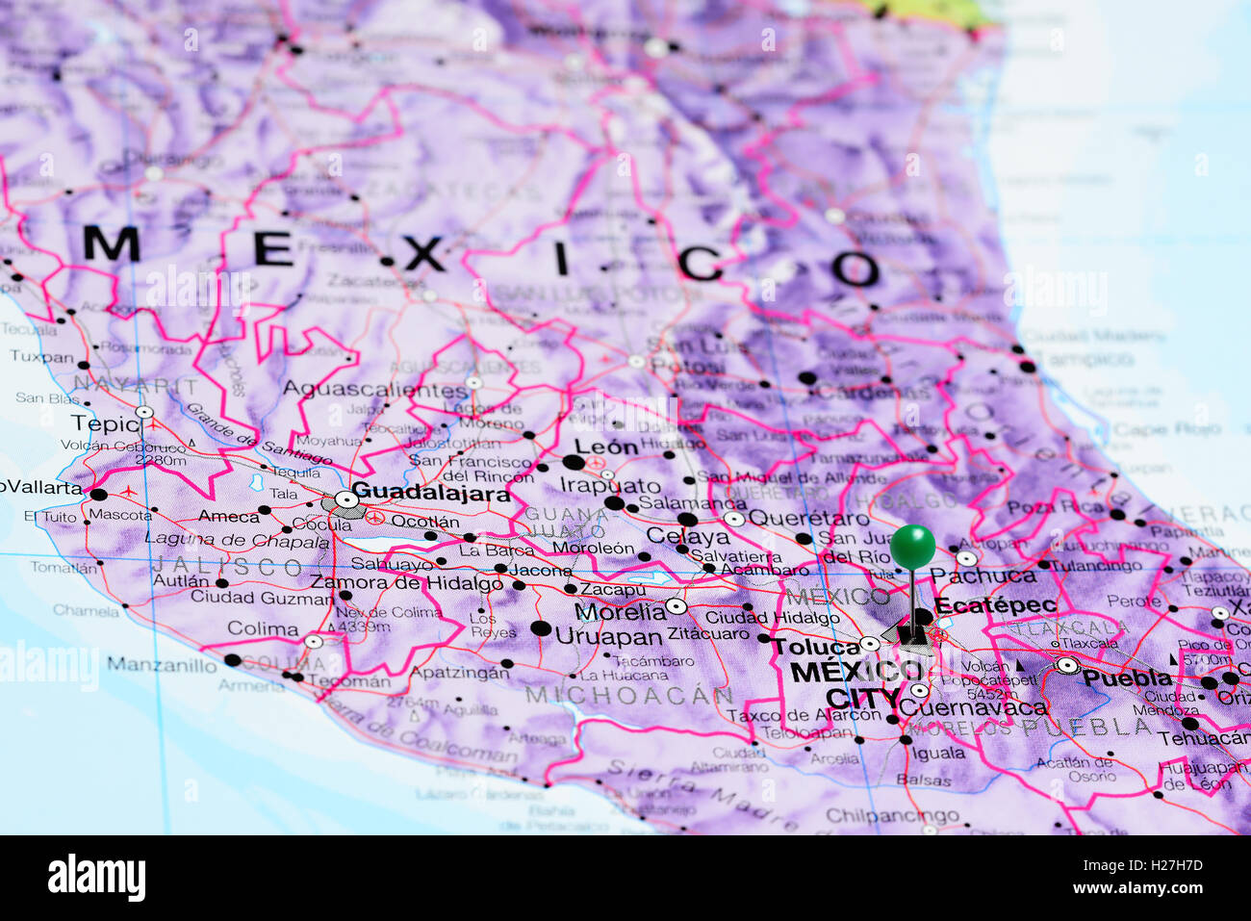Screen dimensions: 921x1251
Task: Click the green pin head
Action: [x=911, y=547]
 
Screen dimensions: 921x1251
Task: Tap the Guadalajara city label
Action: [x=430, y=493]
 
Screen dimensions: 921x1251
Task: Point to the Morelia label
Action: [x=620, y=611]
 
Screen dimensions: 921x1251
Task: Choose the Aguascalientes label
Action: [x=374, y=390]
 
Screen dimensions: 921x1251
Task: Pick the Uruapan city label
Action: [x=608, y=636]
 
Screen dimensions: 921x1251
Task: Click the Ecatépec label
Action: [x=995, y=605]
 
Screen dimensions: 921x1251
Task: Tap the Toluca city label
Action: [x=813, y=646]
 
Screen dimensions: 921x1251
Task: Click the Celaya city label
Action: [x=687, y=535]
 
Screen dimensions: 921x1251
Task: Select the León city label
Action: [x=606, y=447]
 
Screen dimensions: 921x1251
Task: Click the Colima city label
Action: [x=263, y=628]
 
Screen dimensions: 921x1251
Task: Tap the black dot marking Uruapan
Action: [x=541, y=629]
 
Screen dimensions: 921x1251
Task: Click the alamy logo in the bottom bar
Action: [x=96, y=878]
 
